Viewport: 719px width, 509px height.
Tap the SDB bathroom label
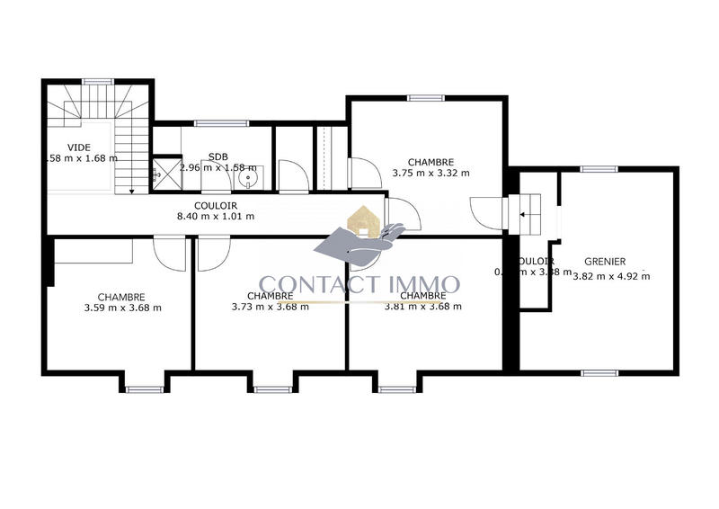(217, 156)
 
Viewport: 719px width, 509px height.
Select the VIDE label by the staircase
(79, 147)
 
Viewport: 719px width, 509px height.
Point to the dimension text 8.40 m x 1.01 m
(217, 216)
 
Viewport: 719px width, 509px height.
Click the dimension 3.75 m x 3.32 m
(431, 174)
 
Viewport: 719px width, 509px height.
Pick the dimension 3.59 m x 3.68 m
(120, 308)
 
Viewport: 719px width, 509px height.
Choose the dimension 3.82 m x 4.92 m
(611, 276)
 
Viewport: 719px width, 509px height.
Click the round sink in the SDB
(249, 178)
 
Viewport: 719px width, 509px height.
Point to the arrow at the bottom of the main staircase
(132, 190)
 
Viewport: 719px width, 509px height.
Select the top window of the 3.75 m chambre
(425, 97)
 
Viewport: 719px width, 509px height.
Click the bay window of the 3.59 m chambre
(140, 388)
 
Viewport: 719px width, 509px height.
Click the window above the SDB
(211, 122)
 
